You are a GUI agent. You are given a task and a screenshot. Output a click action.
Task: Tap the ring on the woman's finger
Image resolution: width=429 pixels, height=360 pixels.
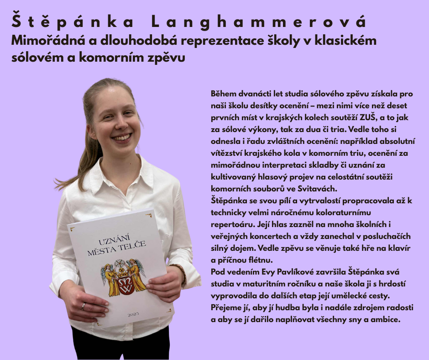[83, 306]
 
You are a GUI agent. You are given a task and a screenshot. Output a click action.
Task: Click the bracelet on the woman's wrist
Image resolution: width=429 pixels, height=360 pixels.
[182, 272]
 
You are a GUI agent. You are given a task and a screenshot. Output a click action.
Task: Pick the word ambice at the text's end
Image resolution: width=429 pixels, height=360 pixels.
[386, 319]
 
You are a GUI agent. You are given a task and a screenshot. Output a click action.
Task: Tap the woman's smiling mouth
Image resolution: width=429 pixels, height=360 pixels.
[122, 137]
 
